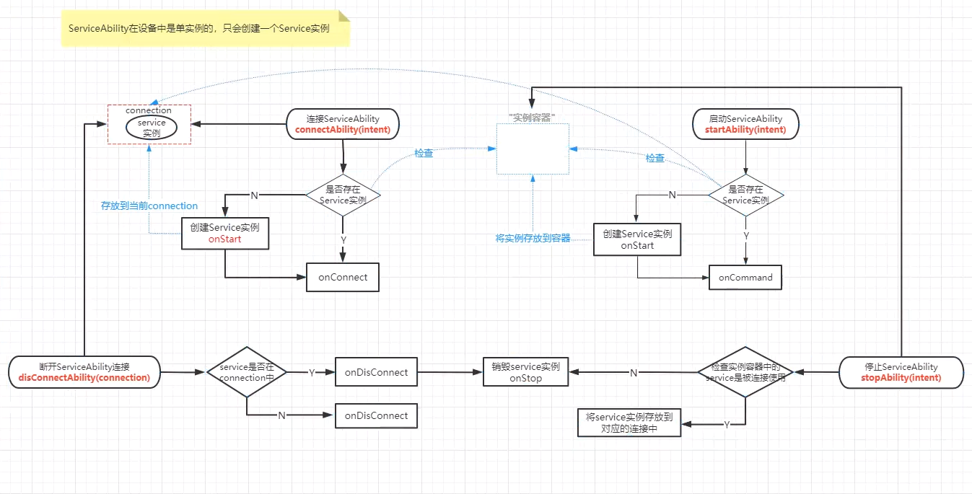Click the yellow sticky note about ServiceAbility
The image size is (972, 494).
point(205,29)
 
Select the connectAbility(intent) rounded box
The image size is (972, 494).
point(343,124)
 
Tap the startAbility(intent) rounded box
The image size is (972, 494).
point(745,124)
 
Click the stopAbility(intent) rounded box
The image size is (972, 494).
point(901,372)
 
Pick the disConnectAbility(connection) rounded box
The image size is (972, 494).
point(84,372)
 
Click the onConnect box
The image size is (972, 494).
point(343,278)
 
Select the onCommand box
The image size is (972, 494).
point(745,278)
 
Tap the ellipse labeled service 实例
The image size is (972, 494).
point(152,128)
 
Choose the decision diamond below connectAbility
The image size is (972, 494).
point(343,195)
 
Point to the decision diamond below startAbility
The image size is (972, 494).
point(745,195)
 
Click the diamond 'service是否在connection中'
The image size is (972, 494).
point(247,372)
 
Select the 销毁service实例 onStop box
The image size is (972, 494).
point(525,372)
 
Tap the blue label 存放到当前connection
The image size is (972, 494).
point(149,206)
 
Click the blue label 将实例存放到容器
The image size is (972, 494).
point(533,238)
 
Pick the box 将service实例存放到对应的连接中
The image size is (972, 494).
point(629,422)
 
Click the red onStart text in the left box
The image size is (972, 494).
point(224,239)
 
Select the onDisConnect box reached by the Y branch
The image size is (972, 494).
point(376,373)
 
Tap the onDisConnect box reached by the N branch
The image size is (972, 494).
point(376,416)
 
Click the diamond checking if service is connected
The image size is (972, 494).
point(745,372)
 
